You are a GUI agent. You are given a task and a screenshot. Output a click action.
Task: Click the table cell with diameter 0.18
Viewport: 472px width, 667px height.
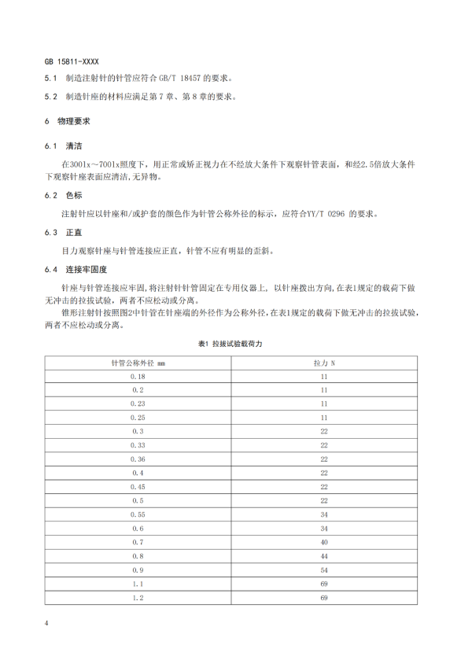point(138,377)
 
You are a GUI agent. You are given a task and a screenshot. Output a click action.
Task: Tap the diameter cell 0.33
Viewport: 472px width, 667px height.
point(138,444)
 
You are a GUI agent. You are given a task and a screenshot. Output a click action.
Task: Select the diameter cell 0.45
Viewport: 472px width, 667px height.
point(138,486)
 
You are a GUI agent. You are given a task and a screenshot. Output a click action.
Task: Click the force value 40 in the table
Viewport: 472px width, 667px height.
point(323,541)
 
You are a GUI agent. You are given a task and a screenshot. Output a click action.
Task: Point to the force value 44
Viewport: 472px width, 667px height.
point(323,555)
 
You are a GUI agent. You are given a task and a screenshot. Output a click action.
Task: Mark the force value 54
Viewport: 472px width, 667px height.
point(323,569)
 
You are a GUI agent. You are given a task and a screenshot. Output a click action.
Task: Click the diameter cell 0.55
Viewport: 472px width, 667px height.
point(138,514)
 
